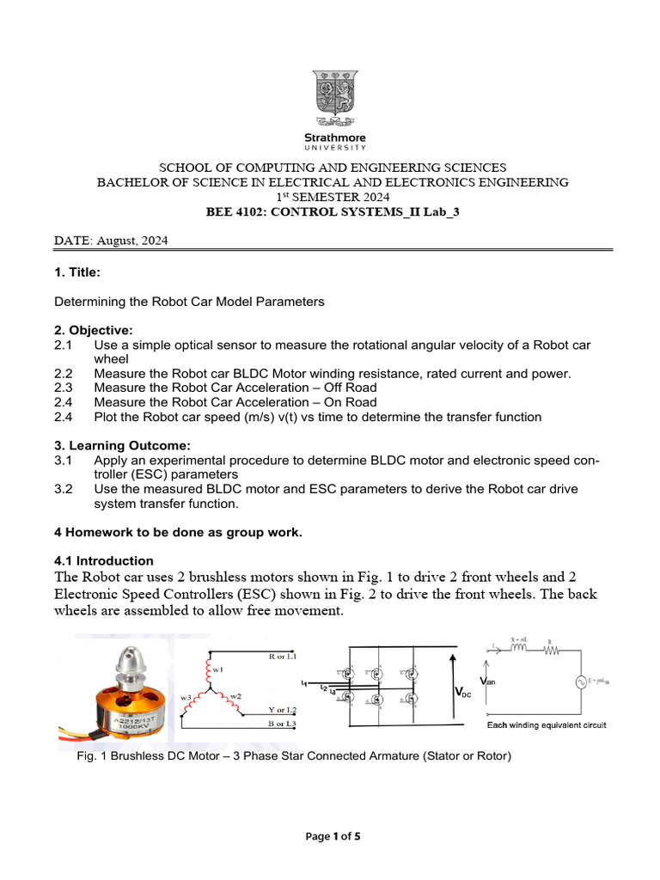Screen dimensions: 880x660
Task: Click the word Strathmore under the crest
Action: [335, 137]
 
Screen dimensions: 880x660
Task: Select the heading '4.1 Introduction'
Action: [104, 560]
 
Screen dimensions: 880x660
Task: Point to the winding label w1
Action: [217, 669]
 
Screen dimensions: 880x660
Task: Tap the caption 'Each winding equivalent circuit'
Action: [547, 725]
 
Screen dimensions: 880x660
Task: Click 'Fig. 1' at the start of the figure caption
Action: [89, 756]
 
